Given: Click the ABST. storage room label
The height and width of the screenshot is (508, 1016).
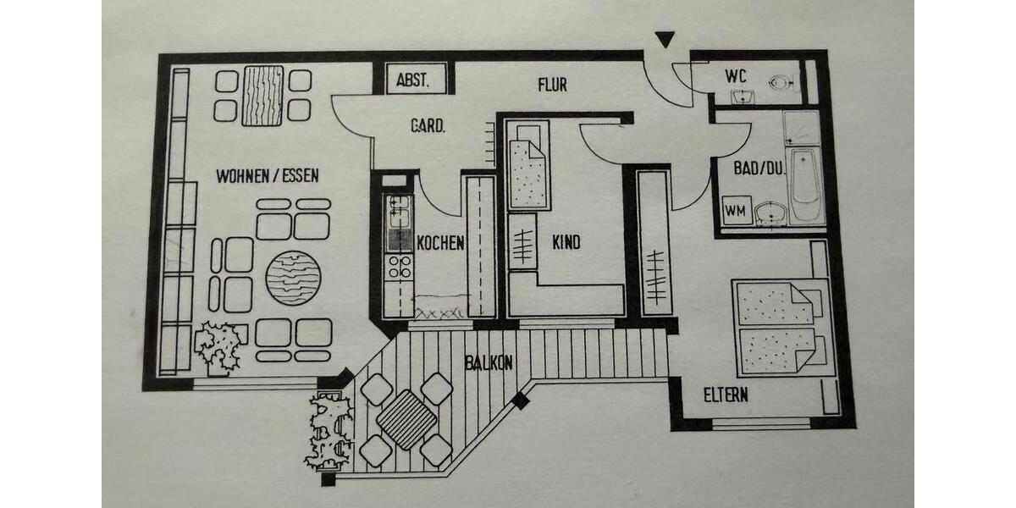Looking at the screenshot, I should (413, 81).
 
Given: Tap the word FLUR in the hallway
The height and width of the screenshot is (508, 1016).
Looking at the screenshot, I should (552, 85).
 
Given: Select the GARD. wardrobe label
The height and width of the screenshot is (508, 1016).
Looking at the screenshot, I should (428, 126).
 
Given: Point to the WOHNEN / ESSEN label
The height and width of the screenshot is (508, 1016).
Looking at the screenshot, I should (268, 176).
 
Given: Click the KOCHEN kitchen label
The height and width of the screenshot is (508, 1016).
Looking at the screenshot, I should (440, 243).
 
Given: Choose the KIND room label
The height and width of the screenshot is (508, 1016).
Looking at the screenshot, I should (566, 243).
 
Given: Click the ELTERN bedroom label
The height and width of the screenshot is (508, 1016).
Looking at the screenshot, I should (726, 395).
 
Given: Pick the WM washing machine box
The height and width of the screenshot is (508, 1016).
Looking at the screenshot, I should (736, 211).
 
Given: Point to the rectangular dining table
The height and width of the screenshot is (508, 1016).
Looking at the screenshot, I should (262, 95).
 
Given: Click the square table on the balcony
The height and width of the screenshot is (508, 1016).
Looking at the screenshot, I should (406, 419).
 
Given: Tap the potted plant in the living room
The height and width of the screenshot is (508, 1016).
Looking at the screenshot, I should (218, 345).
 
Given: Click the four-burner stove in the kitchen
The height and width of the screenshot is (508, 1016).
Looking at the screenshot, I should (398, 268).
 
